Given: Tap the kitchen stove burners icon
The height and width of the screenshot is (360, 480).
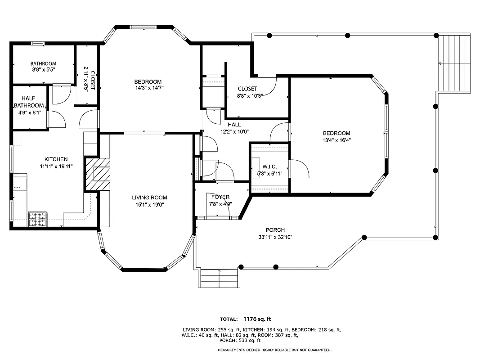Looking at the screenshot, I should [x=38, y=219].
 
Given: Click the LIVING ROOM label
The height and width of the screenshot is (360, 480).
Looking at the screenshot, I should [x=149, y=198].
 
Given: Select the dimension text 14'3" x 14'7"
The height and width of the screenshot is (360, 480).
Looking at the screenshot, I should [x=148, y=88].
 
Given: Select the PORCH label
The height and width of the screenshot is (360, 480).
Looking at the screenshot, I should [x=275, y=230].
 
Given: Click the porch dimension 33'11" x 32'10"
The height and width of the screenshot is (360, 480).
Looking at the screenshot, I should [x=275, y=237].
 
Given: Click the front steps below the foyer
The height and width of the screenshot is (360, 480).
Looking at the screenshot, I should [x=219, y=279].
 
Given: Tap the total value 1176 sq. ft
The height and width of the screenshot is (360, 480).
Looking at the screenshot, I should [x=257, y=319].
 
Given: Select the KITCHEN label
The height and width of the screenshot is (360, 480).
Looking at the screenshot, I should [x=56, y=159].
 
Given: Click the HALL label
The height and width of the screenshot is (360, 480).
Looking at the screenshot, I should [x=234, y=125].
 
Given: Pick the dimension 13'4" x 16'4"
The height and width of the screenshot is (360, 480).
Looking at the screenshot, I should [x=336, y=140].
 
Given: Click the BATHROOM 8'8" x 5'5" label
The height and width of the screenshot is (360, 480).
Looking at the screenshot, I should [x=43, y=67].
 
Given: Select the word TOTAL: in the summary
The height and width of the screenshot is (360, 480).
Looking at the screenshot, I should [x=229, y=319].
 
